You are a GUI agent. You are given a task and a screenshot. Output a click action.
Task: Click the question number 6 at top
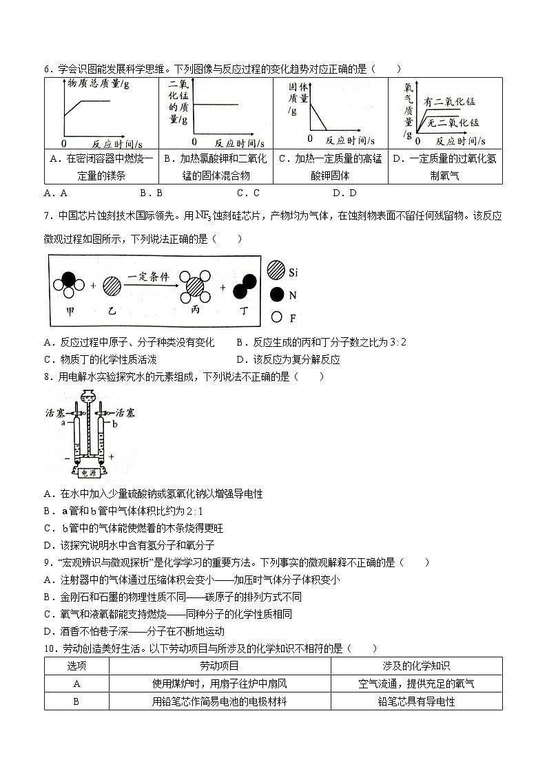point(47,69)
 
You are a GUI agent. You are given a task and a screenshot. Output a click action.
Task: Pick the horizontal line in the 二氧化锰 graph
point(217,105)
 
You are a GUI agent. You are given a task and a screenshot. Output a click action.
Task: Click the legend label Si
point(293,273)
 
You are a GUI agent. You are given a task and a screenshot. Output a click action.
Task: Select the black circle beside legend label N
point(276,295)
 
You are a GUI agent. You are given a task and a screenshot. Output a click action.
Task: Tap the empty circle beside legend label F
point(276,317)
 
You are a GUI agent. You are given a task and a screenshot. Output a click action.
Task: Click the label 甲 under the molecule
point(69,310)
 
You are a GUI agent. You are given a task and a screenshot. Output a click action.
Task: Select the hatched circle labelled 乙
point(112,286)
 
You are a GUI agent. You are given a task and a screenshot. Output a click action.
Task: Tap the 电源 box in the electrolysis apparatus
point(88,473)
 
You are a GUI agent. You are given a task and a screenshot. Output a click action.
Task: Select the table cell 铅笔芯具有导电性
point(416,701)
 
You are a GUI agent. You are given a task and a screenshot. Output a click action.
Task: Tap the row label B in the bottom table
point(76,701)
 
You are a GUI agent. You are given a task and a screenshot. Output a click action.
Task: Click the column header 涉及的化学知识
point(416,666)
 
